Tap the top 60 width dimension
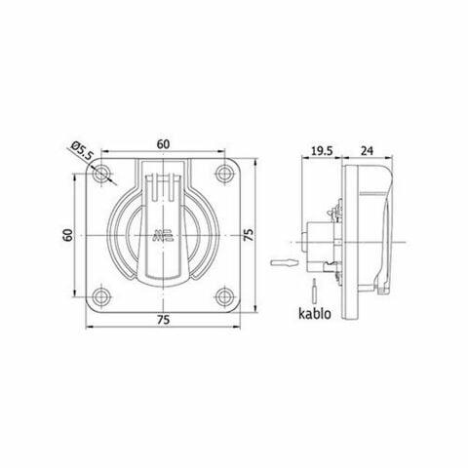165,142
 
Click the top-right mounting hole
225,176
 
